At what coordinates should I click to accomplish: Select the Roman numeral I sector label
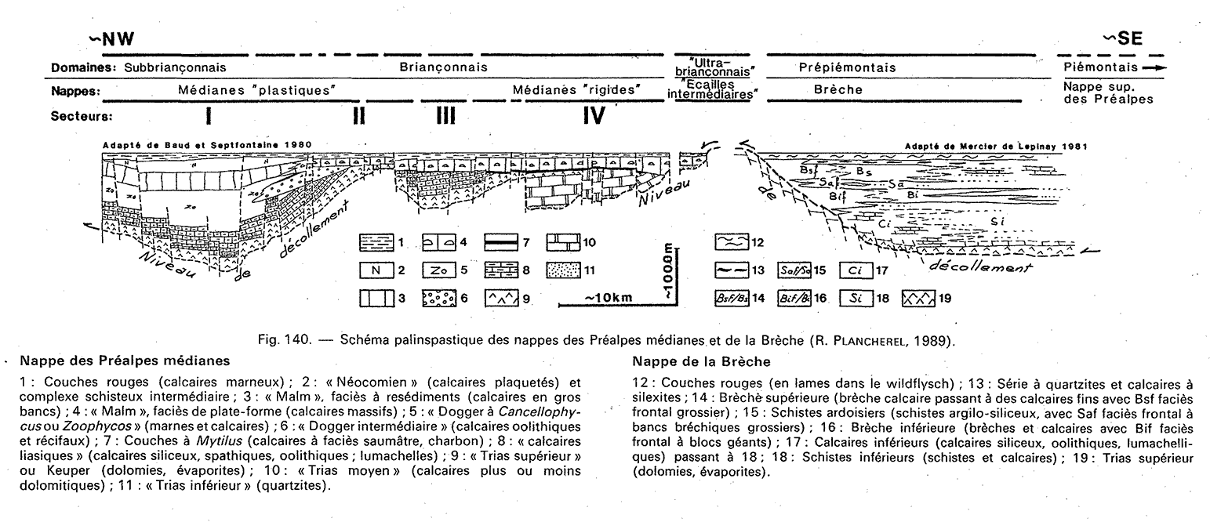tap(209, 117)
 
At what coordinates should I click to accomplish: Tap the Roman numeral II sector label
tap(360, 117)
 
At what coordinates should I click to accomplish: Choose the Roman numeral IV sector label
tap(593, 117)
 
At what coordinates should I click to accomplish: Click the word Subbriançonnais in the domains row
tap(170, 67)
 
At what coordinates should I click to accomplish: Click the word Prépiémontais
tap(847, 67)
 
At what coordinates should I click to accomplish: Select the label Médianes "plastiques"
tap(258, 90)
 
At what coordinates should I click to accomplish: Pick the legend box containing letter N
tap(377, 270)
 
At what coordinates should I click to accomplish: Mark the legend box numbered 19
tap(920, 299)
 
